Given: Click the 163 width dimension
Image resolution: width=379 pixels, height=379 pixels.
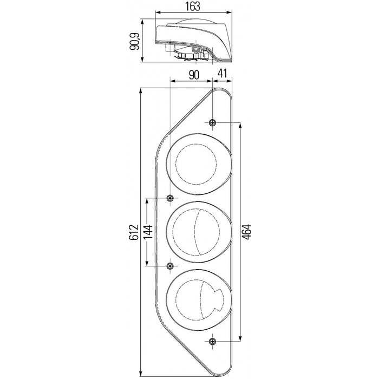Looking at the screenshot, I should tap(192, 6).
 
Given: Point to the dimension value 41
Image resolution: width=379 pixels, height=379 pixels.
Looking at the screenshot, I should tap(223, 74).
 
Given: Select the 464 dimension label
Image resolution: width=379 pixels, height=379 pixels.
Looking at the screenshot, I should tap(247, 232).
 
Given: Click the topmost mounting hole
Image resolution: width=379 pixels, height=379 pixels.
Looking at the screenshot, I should tap(212, 123).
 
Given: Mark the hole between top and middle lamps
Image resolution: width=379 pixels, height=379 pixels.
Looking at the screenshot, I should tap(171, 198).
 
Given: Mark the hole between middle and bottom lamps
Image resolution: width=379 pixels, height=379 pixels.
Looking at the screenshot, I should tap(171, 266).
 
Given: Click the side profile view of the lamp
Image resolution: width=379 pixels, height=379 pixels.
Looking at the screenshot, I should tap(192, 41).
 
